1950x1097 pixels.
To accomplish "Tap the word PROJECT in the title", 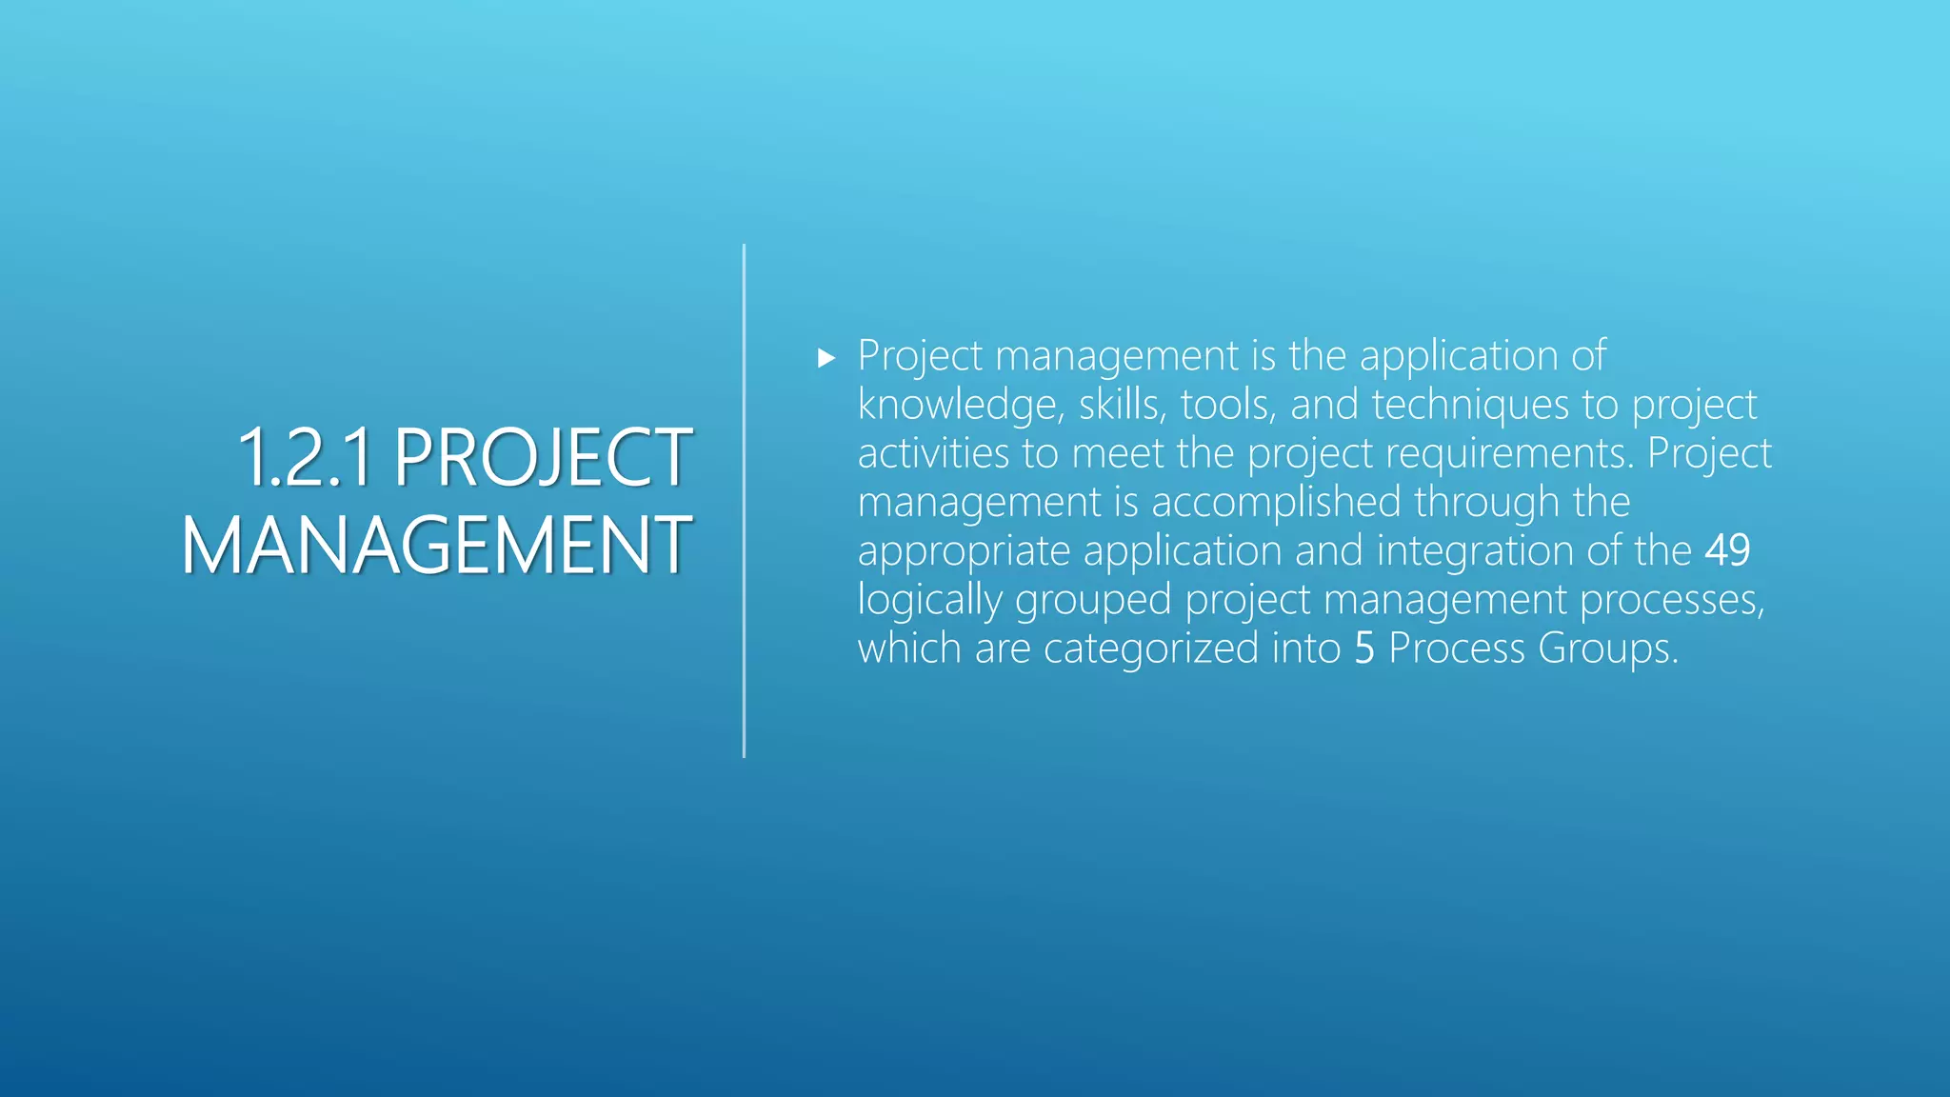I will tap(543, 458).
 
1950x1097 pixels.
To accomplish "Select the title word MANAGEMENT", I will tap(436, 546).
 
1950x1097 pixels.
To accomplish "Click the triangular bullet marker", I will tap(826, 358).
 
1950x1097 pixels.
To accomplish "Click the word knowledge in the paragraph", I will tap(959, 406).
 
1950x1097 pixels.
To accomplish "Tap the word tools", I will tap(1227, 406).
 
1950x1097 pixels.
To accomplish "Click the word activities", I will tap(933, 453).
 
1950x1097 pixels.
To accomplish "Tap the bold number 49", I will tap(1727, 550).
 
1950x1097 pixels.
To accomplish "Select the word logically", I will tap(929, 600).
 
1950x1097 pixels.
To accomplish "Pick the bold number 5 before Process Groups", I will tap(1364, 648).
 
